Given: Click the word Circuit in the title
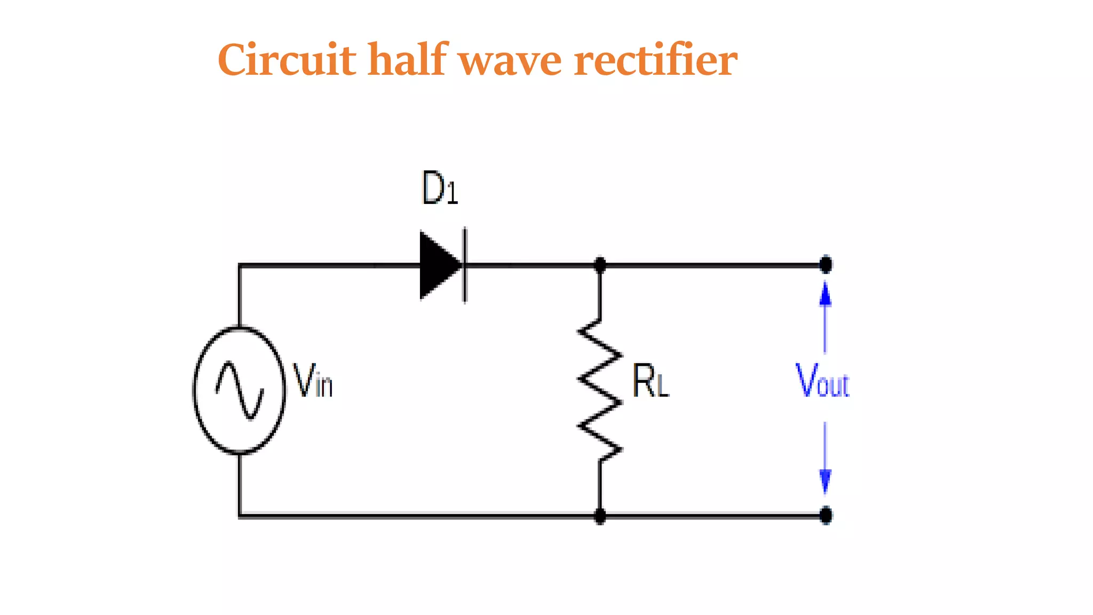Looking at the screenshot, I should click(x=287, y=60).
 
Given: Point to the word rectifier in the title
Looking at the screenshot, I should click(x=655, y=60).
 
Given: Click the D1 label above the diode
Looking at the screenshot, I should click(x=439, y=188).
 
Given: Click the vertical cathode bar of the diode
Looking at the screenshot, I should click(x=465, y=265).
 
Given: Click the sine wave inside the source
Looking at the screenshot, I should click(x=239, y=390).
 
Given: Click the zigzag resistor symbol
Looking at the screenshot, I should click(x=600, y=390).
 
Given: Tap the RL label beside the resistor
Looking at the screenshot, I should click(x=650, y=381).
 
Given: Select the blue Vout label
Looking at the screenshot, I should click(x=822, y=381).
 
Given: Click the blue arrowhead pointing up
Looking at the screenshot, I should click(x=825, y=294).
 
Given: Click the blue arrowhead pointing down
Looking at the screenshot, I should click(x=825, y=480).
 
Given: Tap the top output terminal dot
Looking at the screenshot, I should click(x=826, y=264).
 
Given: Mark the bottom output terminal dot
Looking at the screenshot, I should click(x=826, y=516).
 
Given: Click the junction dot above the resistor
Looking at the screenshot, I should click(x=600, y=264).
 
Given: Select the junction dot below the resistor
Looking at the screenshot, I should click(x=600, y=516).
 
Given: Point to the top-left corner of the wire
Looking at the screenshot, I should click(x=240, y=265).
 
